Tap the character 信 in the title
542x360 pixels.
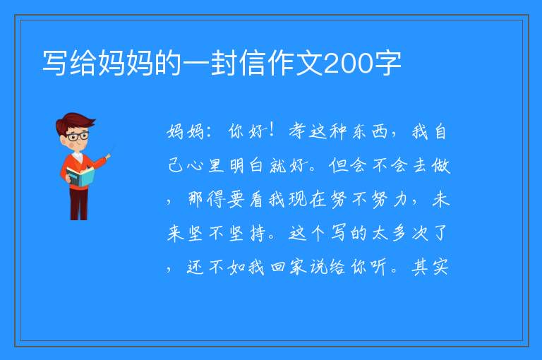(x=253, y=63)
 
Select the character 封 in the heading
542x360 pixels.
(x=224, y=63)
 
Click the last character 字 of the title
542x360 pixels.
(x=388, y=63)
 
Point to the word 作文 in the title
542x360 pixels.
(x=296, y=63)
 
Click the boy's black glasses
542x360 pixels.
(x=78, y=136)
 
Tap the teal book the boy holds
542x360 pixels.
(x=80, y=176)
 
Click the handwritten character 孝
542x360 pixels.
(x=297, y=131)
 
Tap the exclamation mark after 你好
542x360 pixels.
(x=272, y=130)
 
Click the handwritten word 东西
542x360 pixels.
(x=370, y=132)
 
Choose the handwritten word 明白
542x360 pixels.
(x=246, y=166)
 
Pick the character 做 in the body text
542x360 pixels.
(x=440, y=165)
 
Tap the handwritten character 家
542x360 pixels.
(x=298, y=268)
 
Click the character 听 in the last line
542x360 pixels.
(x=379, y=268)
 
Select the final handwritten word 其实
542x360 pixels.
(x=430, y=268)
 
